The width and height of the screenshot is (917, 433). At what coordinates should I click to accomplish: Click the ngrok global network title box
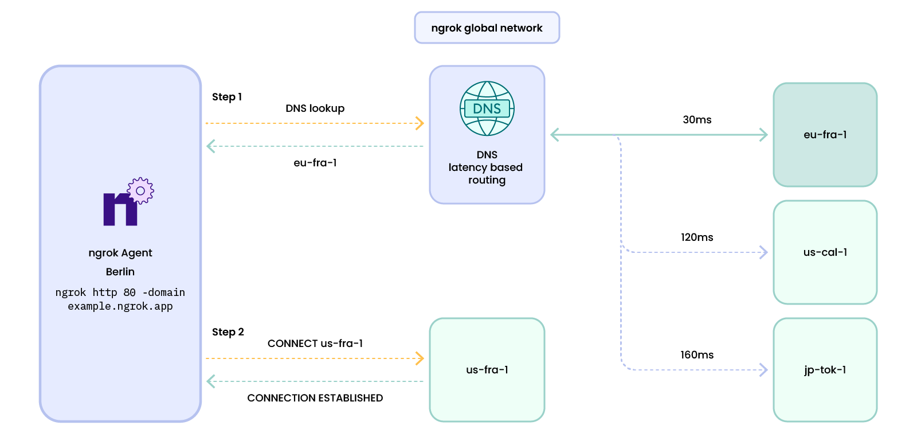click(487, 28)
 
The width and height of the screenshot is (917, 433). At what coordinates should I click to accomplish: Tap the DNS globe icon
click(487, 108)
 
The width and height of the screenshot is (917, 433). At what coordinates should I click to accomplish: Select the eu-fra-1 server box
click(825, 135)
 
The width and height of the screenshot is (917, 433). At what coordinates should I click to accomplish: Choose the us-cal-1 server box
click(825, 252)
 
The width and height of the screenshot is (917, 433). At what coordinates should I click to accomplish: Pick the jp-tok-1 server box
click(825, 370)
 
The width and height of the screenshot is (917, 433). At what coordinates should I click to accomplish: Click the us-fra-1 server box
click(487, 370)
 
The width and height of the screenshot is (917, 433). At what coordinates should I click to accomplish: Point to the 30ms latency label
click(697, 120)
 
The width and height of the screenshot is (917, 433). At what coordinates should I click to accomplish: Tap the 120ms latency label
click(697, 237)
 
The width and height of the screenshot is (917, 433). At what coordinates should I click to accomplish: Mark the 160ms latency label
click(697, 355)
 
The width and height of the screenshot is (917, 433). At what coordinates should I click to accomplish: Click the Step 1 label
click(227, 97)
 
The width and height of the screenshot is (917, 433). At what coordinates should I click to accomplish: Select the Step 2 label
click(228, 332)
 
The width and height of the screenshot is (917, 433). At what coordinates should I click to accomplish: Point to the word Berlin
click(120, 272)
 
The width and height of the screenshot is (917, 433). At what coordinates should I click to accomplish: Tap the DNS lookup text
click(315, 108)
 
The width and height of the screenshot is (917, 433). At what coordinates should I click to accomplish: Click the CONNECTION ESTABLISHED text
click(315, 398)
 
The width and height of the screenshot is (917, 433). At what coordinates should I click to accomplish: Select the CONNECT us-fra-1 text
click(315, 344)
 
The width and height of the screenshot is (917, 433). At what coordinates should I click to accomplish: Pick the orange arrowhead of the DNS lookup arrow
click(420, 123)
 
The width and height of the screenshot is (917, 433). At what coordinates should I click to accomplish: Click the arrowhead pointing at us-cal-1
click(763, 252)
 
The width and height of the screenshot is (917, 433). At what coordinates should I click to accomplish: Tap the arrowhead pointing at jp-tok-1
click(763, 370)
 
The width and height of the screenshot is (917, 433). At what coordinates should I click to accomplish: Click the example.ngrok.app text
click(120, 306)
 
